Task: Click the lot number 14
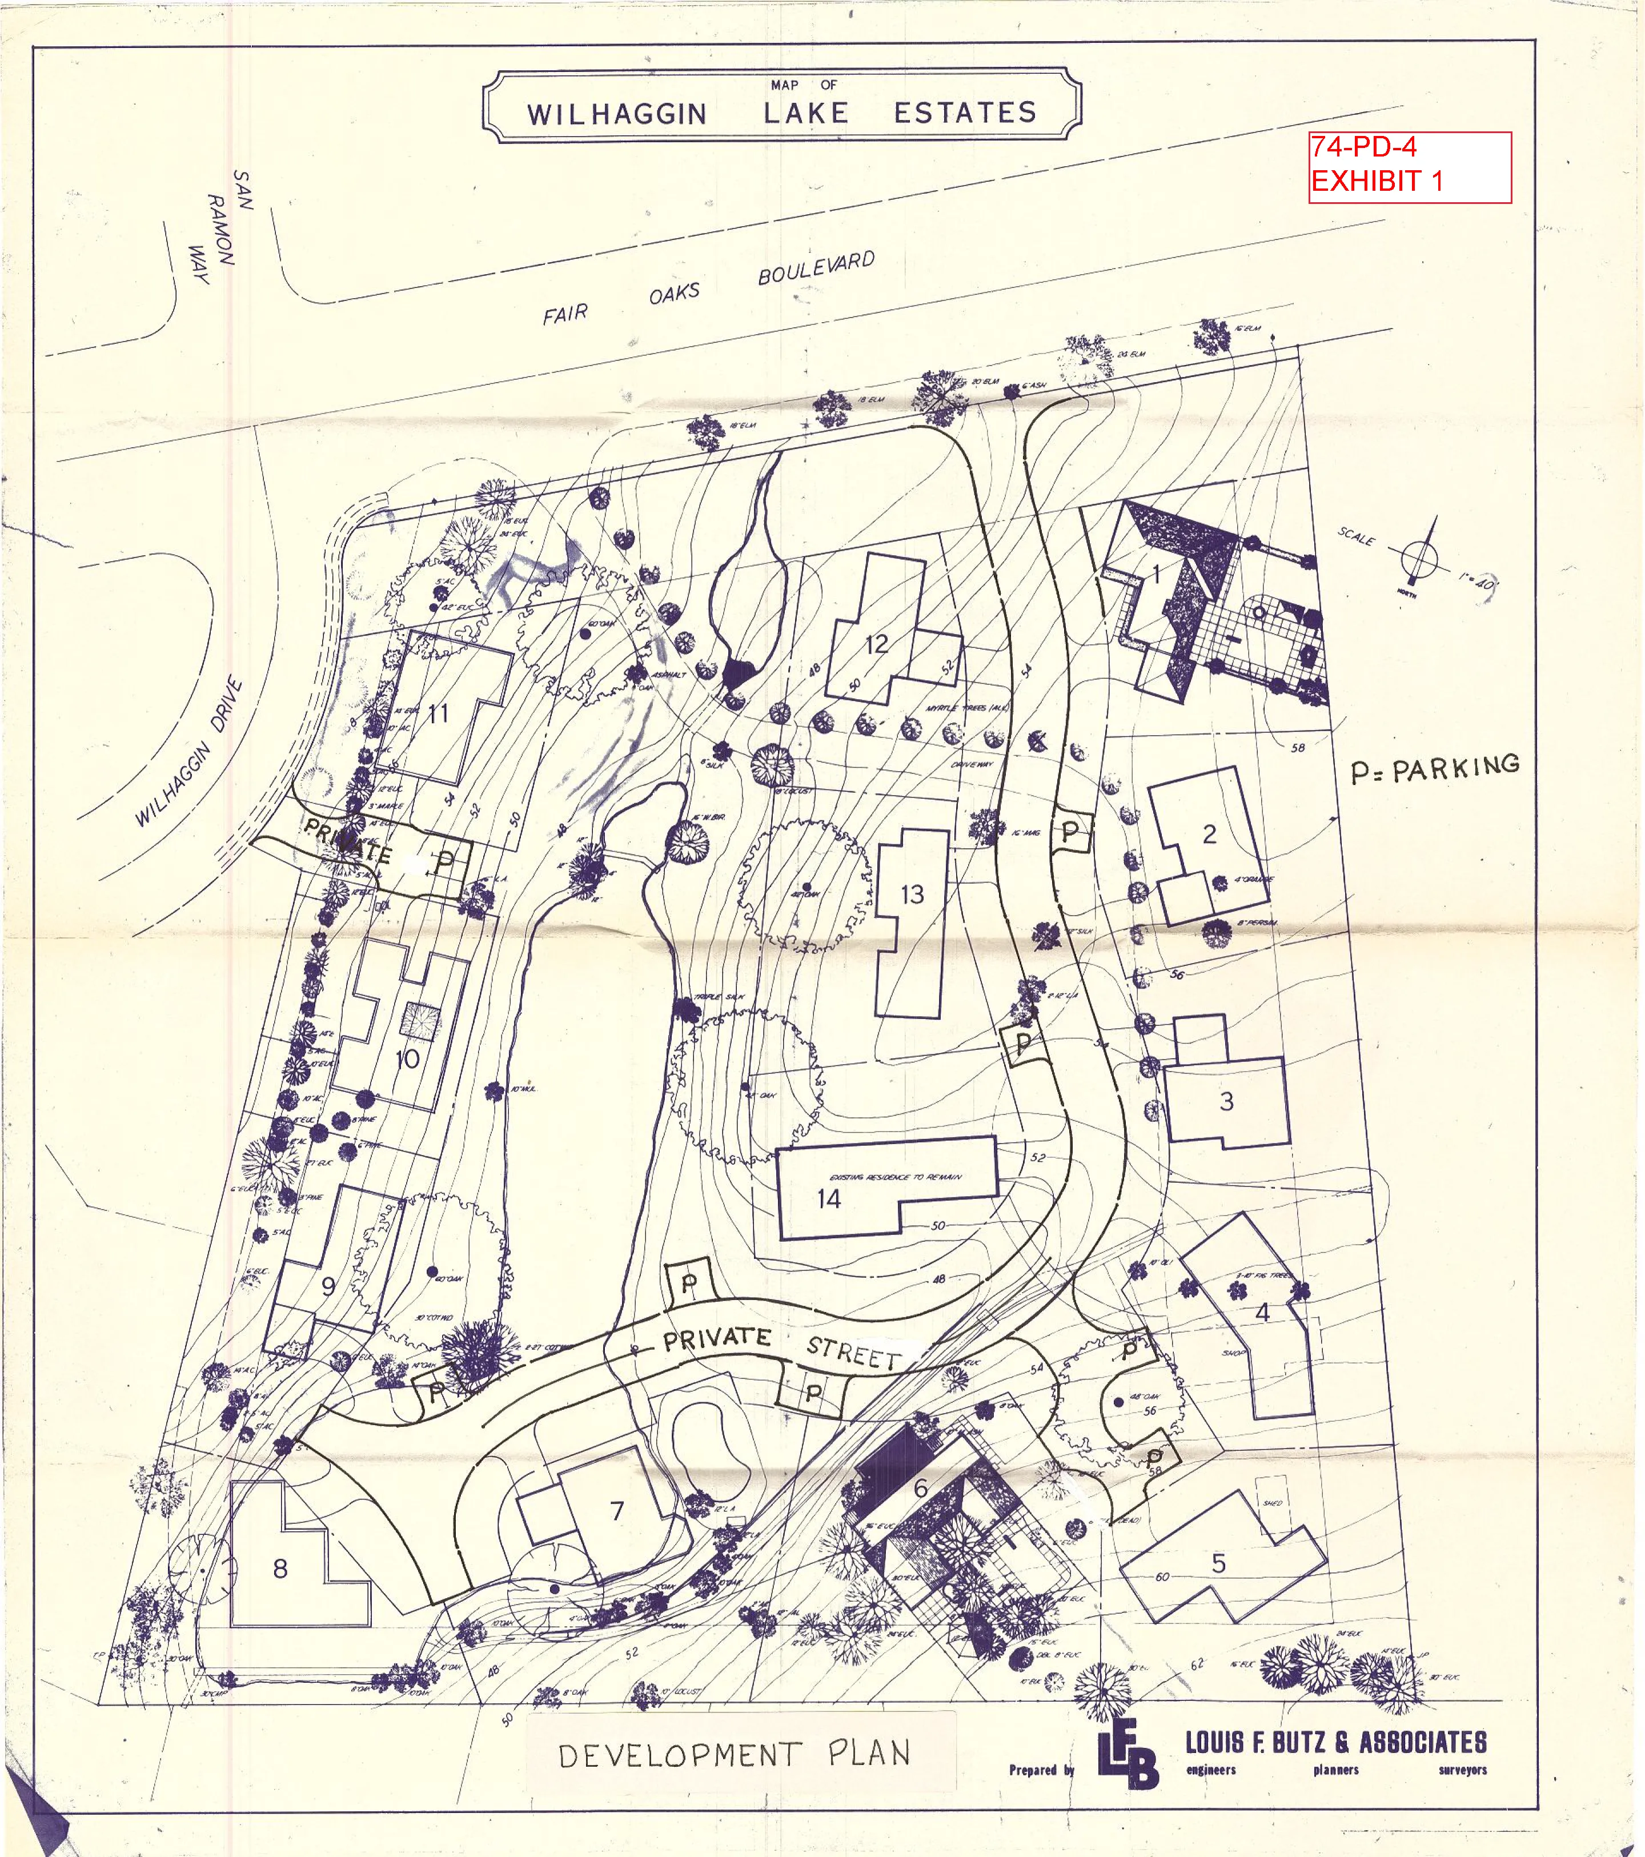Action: [x=828, y=1198]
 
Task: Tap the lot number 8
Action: [x=280, y=1568]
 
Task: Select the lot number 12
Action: [x=877, y=644]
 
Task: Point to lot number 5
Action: [x=1218, y=1563]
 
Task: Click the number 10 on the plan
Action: [x=408, y=1058]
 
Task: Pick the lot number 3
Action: [x=1226, y=1101]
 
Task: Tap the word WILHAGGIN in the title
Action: [x=617, y=114]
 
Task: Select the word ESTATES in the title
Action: [x=965, y=113]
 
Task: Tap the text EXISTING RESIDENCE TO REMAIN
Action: [x=896, y=1177]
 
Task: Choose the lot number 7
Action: [x=617, y=1510]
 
